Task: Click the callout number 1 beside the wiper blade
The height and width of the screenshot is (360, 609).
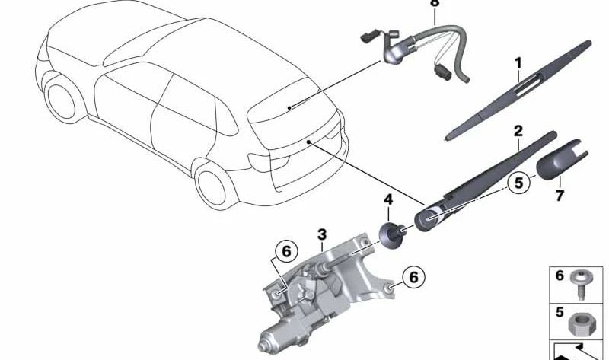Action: pyautogui.click(x=518, y=64)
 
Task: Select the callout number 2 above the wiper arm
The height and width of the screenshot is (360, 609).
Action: pyautogui.click(x=518, y=131)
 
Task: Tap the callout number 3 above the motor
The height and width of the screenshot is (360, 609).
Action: pyautogui.click(x=322, y=234)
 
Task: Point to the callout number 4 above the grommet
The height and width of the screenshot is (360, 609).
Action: pyautogui.click(x=388, y=200)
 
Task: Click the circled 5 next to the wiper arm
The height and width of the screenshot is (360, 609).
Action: pyautogui.click(x=519, y=183)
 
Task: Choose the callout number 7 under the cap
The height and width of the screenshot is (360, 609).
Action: pyautogui.click(x=560, y=195)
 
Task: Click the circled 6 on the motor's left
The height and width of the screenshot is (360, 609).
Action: pyautogui.click(x=286, y=252)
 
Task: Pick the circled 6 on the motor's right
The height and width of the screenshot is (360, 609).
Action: pyautogui.click(x=413, y=277)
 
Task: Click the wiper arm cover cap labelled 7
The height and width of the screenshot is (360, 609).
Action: pyautogui.click(x=561, y=161)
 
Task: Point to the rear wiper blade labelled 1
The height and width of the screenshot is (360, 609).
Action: pyautogui.click(x=518, y=91)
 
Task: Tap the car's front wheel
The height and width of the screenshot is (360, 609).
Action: pyautogui.click(x=62, y=100)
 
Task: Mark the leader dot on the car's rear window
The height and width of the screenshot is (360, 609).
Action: pyautogui.click(x=289, y=107)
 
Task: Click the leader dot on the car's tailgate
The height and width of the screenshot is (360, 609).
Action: pyautogui.click(x=309, y=142)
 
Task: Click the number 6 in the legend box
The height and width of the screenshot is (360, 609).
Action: pyautogui.click(x=560, y=276)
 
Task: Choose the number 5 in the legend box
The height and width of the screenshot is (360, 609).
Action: pyautogui.click(x=560, y=312)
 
